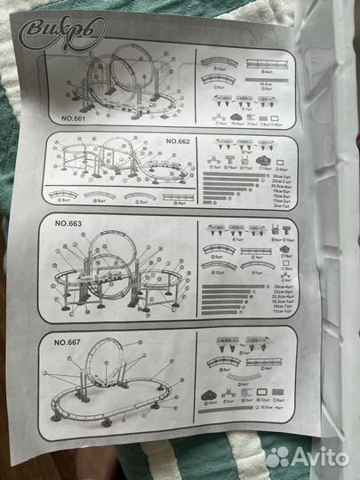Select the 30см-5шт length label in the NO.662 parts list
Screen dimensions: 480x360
click(x=278, y=177)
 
